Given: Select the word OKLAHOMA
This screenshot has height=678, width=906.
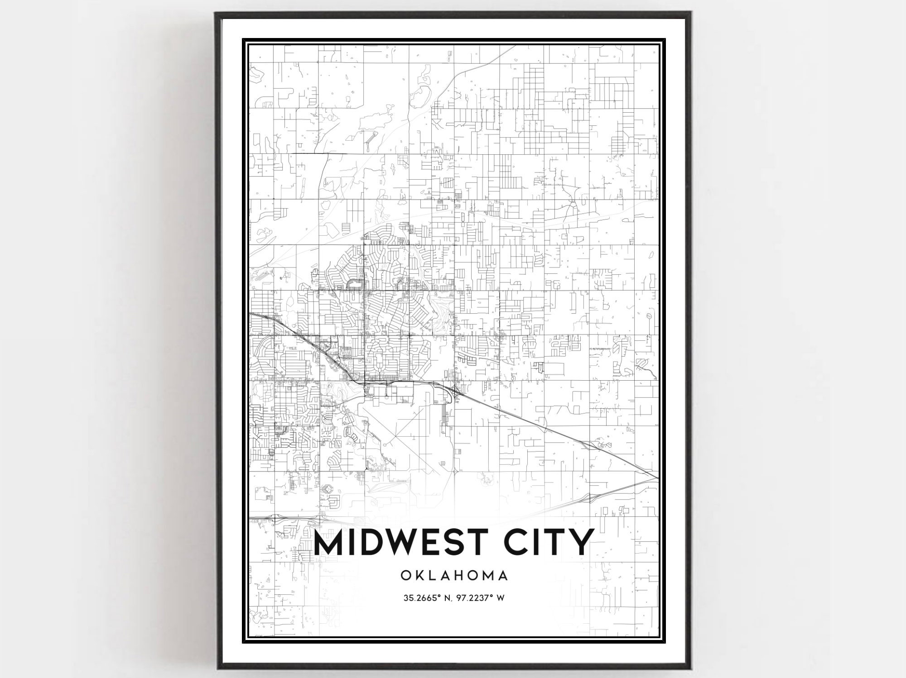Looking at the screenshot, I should tap(453, 576).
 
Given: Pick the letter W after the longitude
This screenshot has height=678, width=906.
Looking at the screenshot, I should tap(501, 598).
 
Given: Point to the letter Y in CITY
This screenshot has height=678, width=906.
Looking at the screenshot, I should tap(580, 542).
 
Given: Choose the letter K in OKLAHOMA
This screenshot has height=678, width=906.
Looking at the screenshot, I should tap(418, 576).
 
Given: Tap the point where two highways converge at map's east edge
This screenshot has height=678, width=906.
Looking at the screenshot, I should tap(657, 477).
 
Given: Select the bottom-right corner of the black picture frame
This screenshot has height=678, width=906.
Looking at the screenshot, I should tap(691, 668).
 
